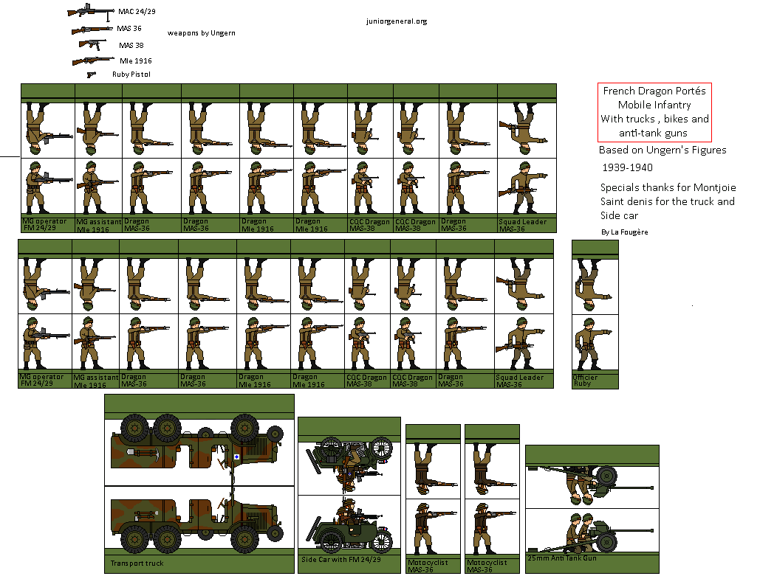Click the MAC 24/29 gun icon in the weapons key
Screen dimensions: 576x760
pyautogui.click(x=90, y=12)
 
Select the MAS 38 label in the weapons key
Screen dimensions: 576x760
pyautogui.click(x=131, y=45)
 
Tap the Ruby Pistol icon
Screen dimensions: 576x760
pyautogui.click(x=91, y=74)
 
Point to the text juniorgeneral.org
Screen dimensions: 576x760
pyautogui.click(x=396, y=21)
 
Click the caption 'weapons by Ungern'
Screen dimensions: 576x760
pyautogui.click(x=201, y=33)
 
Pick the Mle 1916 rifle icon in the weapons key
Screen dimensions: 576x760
pyautogui.click(x=92, y=60)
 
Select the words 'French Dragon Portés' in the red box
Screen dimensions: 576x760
pyautogui.click(x=654, y=91)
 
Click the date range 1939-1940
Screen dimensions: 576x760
pyautogui.click(x=626, y=168)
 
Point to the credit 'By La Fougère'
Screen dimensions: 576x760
pyautogui.click(x=626, y=232)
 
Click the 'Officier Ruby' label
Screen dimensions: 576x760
pyautogui.click(x=586, y=381)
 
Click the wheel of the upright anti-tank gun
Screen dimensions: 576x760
pyautogui.click(x=608, y=542)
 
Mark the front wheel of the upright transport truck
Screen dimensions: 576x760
pyautogui.click(x=243, y=539)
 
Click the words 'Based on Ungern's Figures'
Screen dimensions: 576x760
pyautogui.click(x=663, y=150)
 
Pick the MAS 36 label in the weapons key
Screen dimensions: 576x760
pyautogui.click(x=129, y=29)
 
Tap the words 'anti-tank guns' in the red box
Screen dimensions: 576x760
pyautogui.click(x=654, y=133)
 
